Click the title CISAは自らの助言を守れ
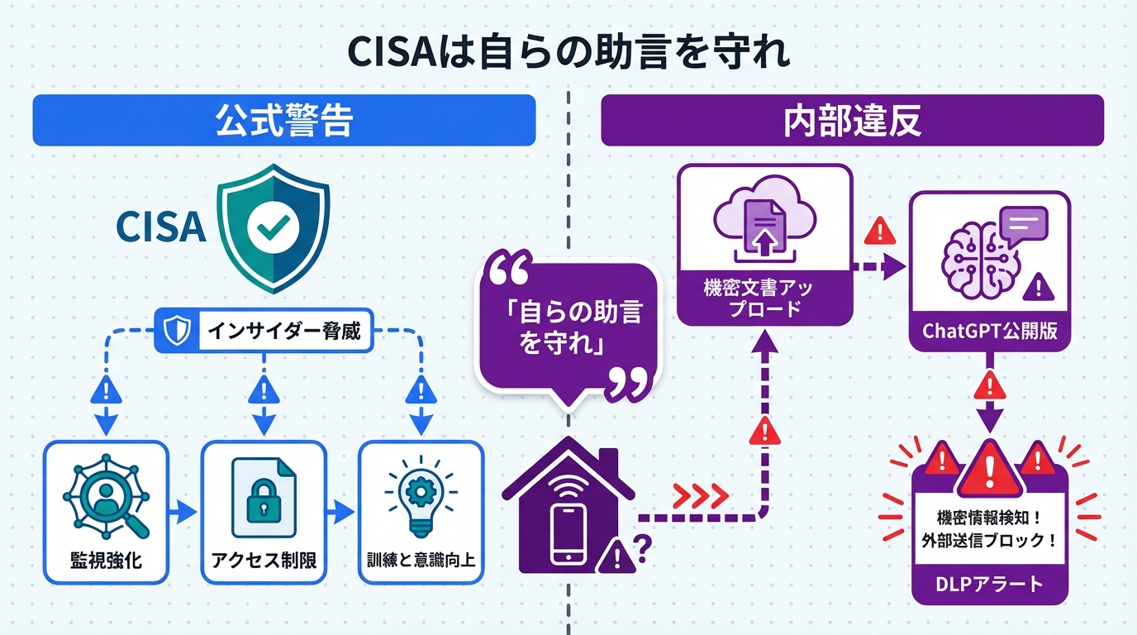[x=568, y=50]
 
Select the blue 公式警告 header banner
[x=284, y=122]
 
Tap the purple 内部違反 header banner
[x=852, y=121]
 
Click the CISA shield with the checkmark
[x=272, y=227]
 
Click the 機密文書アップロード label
[x=764, y=298]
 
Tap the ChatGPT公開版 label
[x=989, y=332]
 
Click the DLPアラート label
[x=989, y=585]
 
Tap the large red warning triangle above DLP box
[x=989, y=467]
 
